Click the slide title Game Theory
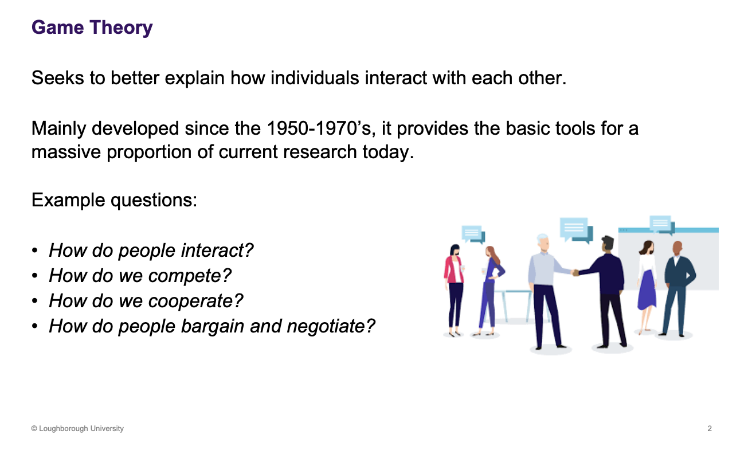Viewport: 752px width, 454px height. tap(92, 28)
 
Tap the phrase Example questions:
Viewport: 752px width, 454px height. tap(114, 200)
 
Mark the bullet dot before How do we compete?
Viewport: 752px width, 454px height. tap(36, 276)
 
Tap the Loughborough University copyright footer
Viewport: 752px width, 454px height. tap(77, 428)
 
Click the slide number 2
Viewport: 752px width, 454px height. tap(710, 428)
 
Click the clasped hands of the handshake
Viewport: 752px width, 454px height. tap(575, 272)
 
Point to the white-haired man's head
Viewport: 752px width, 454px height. tap(542, 242)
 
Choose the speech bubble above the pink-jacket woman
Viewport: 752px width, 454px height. tap(473, 233)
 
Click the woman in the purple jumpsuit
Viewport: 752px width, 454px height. tap(491, 287)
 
